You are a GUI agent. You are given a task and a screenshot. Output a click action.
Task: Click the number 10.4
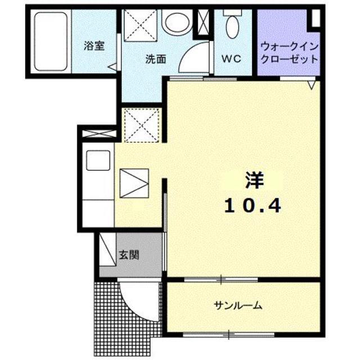253,206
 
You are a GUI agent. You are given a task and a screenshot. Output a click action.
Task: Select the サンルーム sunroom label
238,307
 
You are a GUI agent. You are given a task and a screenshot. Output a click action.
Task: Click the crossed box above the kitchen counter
98,134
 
